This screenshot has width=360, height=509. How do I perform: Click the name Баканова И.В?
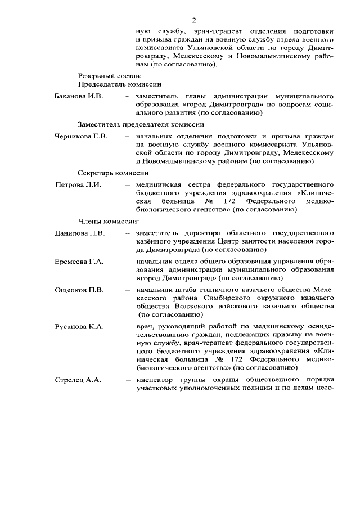[79, 96]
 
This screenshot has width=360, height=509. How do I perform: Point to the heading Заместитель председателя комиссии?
[141, 124]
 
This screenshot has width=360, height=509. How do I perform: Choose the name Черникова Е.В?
[81, 136]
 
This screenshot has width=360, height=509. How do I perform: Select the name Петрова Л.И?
[78, 185]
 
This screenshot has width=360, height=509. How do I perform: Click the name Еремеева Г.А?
[79, 262]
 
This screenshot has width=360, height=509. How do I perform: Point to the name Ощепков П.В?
[79, 290]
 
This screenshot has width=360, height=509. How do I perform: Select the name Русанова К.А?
[79, 327]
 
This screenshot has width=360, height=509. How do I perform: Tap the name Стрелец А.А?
[78, 380]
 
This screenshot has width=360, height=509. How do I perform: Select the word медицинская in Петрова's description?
[161, 185]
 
